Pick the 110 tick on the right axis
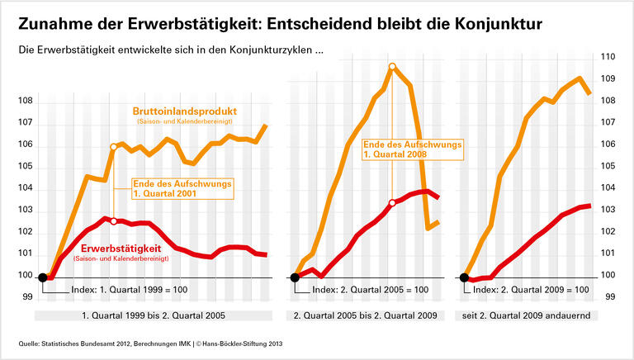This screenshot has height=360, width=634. coord(608,58)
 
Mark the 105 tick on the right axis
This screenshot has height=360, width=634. coord(608,166)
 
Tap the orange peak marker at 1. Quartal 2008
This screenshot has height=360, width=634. coord(392,66)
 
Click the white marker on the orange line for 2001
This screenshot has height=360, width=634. coord(114,147)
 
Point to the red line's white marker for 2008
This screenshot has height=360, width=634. coord(392,202)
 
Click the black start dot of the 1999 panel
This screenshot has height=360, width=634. coord(43,277)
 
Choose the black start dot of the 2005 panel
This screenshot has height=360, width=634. coord(295,277)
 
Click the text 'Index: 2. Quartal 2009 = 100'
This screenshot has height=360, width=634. coord(532,291)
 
